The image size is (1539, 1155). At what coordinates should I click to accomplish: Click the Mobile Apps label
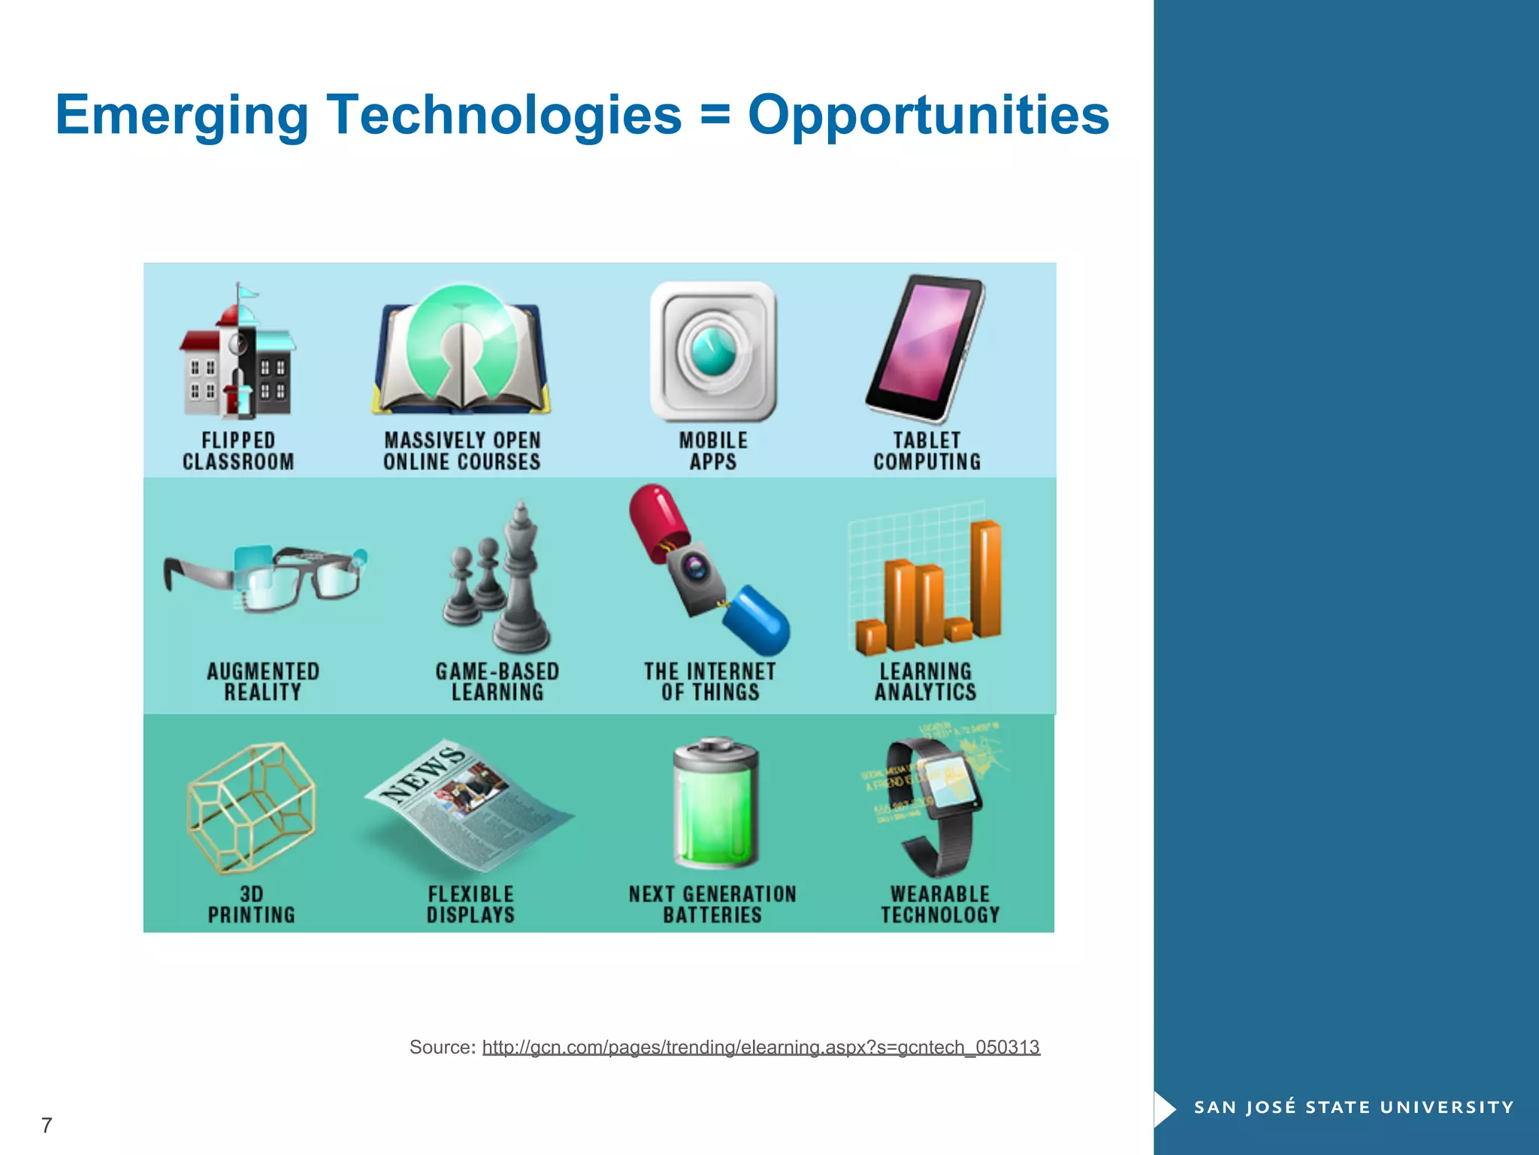[x=713, y=450]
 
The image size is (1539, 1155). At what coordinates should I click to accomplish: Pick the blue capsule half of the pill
[x=757, y=620]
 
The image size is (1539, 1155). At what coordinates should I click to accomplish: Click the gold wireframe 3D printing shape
[x=251, y=808]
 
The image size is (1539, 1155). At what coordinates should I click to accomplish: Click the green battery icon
[x=715, y=805]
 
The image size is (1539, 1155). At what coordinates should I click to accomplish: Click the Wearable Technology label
[x=940, y=904]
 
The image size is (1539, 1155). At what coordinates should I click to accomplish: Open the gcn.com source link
[x=760, y=1047]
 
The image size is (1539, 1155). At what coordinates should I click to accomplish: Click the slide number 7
[x=47, y=1125]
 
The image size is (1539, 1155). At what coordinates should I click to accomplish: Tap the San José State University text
[x=1353, y=1107]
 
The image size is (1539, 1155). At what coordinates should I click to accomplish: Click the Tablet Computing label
[x=927, y=450]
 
